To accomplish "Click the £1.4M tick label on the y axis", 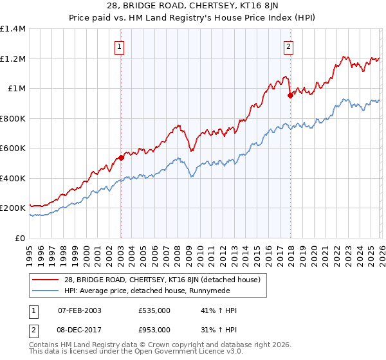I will click(x=13, y=29).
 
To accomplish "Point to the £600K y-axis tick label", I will click(x=13, y=148).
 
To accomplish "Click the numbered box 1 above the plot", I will click(x=120, y=46).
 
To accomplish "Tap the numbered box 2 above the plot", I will click(x=289, y=46).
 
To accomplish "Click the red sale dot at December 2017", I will click(x=290, y=96).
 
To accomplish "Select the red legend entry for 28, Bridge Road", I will click(x=161, y=280).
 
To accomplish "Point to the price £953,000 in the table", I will click(x=154, y=329).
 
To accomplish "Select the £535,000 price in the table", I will click(x=154, y=310).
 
